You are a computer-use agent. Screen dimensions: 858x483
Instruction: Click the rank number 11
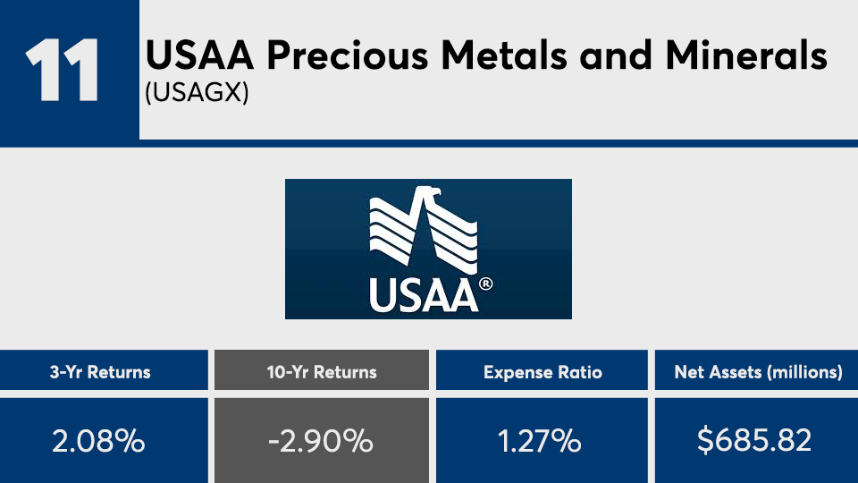[62, 70]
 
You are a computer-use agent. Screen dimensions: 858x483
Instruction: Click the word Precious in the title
[347, 55]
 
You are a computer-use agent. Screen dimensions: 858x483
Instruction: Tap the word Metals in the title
[503, 55]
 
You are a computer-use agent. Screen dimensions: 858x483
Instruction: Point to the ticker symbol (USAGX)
[197, 92]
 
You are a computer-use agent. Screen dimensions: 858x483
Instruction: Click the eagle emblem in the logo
[423, 230]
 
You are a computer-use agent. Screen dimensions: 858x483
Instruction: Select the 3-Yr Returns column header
[100, 372]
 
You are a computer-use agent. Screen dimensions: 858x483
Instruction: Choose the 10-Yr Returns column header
[322, 372]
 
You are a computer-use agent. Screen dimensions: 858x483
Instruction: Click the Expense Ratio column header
[543, 372]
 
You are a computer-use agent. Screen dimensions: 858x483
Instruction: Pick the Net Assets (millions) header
[759, 372]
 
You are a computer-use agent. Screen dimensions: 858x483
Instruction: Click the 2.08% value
[98, 441]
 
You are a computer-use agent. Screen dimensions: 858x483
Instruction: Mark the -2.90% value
[321, 441]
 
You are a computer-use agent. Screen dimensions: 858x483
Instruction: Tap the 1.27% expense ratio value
[540, 441]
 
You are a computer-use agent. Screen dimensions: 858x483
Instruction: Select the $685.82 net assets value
[754, 440]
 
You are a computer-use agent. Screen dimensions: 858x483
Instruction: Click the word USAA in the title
[199, 55]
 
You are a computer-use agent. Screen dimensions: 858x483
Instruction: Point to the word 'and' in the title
[616, 55]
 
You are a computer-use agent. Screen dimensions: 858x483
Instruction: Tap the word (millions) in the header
[805, 373]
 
